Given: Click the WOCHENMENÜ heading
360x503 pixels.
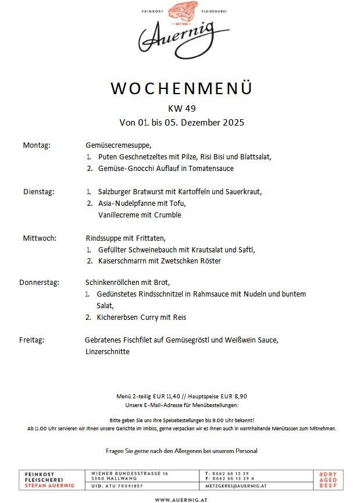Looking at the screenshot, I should (x=181, y=88).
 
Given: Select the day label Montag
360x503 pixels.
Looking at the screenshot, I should (x=37, y=145).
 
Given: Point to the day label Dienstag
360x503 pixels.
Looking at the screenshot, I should (x=38, y=191).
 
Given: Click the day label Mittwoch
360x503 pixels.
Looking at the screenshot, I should (x=40, y=238).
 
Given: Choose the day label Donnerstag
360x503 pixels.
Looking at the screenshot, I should (x=39, y=283).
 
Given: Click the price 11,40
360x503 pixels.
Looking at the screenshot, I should (x=176, y=396).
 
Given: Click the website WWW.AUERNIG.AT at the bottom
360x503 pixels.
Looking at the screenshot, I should (x=181, y=499).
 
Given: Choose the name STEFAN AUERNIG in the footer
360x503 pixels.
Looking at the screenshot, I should (x=49, y=486).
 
